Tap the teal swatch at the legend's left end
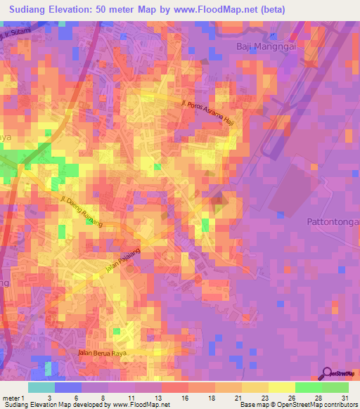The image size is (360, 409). tap(41, 387)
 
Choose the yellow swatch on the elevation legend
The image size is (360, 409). tap(281, 387)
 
